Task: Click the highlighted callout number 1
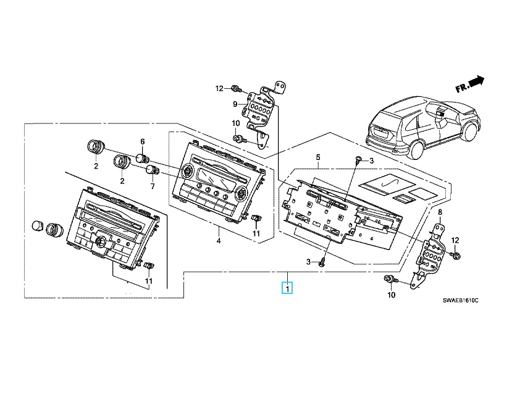pyautogui.click(x=287, y=288)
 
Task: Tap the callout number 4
pyautogui.click(x=219, y=241)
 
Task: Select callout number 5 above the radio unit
pyautogui.click(x=318, y=157)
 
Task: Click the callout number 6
pyautogui.click(x=143, y=141)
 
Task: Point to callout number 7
pyautogui.click(x=153, y=186)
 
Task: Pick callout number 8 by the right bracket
pyautogui.click(x=440, y=212)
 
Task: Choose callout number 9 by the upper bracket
pyautogui.click(x=235, y=104)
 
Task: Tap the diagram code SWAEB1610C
pyautogui.click(x=460, y=301)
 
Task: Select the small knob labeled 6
pyautogui.click(x=142, y=157)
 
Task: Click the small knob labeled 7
pyautogui.click(x=153, y=170)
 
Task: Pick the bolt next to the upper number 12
pyautogui.click(x=237, y=89)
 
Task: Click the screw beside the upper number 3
pyautogui.click(x=359, y=160)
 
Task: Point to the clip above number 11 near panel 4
pyautogui.click(x=256, y=218)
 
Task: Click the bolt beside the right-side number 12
pyautogui.click(x=456, y=256)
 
